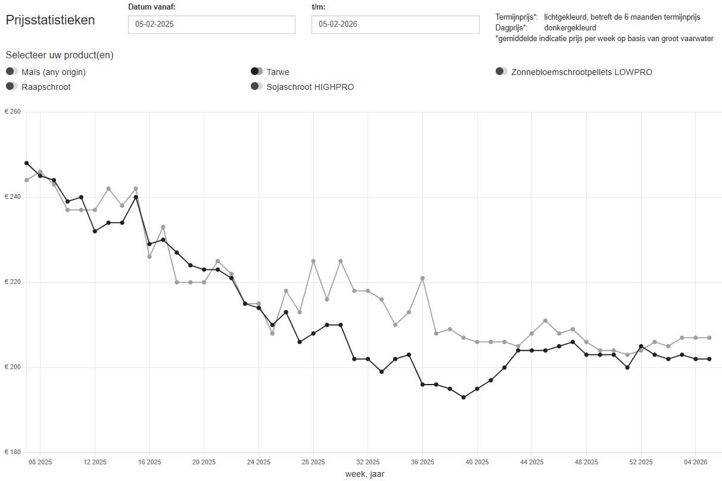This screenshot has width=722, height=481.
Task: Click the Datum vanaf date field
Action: [211, 24]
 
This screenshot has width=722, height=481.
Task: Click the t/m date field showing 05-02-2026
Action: [395, 24]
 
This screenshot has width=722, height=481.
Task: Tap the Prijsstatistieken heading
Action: [51, 20]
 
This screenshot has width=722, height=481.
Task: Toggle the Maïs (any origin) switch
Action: [12, 72]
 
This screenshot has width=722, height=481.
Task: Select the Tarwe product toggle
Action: [257, 72]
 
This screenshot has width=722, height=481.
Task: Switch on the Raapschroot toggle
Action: [12, 87]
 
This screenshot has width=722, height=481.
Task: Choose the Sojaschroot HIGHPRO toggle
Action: [257, 87]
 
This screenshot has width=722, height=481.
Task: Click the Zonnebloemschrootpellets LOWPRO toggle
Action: [502, 72]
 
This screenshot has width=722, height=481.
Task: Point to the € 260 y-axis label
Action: [13, 112]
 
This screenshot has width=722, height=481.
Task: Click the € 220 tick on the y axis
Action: [13, 282]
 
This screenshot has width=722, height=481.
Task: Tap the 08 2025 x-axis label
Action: [40, 462]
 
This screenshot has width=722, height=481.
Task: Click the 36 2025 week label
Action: [422, 462]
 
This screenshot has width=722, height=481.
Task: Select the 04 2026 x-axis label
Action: [695, 462]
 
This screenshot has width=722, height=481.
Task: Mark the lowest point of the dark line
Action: [463, 397]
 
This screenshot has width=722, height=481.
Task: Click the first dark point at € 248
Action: [26, 163]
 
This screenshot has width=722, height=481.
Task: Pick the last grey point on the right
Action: [709, 338]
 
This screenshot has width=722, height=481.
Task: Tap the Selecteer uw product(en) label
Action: [60, 55]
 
